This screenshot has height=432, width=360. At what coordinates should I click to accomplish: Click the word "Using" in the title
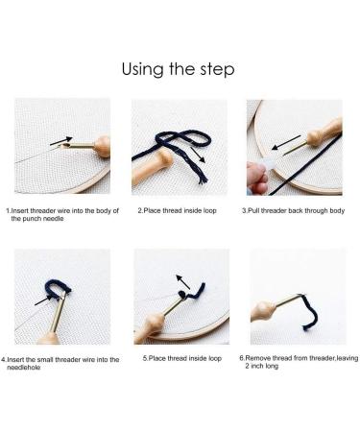142,69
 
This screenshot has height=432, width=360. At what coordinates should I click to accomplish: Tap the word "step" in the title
217,70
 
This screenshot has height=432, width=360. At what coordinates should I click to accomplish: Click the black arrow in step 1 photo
61,140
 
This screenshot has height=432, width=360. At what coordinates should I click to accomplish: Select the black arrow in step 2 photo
199,155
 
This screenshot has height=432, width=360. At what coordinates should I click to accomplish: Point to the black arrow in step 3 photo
286,143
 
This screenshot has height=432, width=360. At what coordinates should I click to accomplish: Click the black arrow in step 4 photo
43,300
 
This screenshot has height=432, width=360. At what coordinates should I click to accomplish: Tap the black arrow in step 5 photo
183,281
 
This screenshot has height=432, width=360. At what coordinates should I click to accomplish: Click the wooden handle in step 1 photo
103,146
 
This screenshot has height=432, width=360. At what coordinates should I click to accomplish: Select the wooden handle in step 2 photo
152,167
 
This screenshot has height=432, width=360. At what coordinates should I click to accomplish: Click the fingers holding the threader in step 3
258,177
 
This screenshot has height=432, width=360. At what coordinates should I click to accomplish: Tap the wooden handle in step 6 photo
263,311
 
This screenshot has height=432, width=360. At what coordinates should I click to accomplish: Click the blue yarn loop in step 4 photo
57,287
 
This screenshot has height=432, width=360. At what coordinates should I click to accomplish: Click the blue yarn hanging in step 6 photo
310,312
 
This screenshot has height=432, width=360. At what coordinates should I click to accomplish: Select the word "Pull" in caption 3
253,211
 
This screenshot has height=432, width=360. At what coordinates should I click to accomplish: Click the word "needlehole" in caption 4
24,368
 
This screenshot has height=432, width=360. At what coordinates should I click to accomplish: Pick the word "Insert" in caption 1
20,211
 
